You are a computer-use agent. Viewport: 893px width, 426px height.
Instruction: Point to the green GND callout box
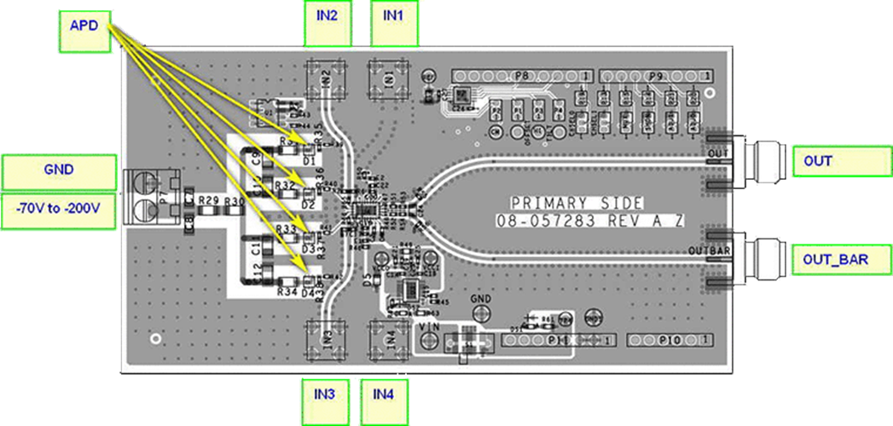click(59, 170)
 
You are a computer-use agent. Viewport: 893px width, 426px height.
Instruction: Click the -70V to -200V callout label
click(59, 210)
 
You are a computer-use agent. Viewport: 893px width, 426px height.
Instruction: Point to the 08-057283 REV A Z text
click(589, 222)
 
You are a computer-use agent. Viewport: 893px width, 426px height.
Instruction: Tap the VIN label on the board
click(430, 326)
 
